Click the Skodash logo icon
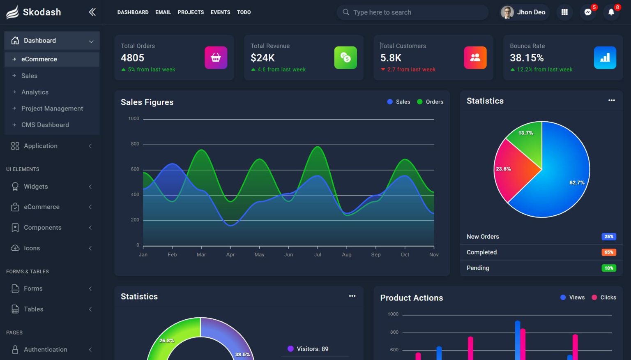(12, 12)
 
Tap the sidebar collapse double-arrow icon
(92, 12)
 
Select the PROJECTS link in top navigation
(191, 12)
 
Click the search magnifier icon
(346, 12)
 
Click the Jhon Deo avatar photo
(507, 12)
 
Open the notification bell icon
(611, 12)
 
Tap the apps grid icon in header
(564, 12)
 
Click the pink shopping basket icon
(216, 58)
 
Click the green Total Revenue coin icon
(345, 58)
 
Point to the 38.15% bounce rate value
(527, 58)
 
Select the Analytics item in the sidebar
(35, 92)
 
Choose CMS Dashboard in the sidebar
(45, 125)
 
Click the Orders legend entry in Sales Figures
(430, 102)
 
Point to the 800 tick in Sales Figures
(135, 144)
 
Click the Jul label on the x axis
(318, 255)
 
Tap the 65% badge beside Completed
(608, 252)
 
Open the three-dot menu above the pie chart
(612, 101)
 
